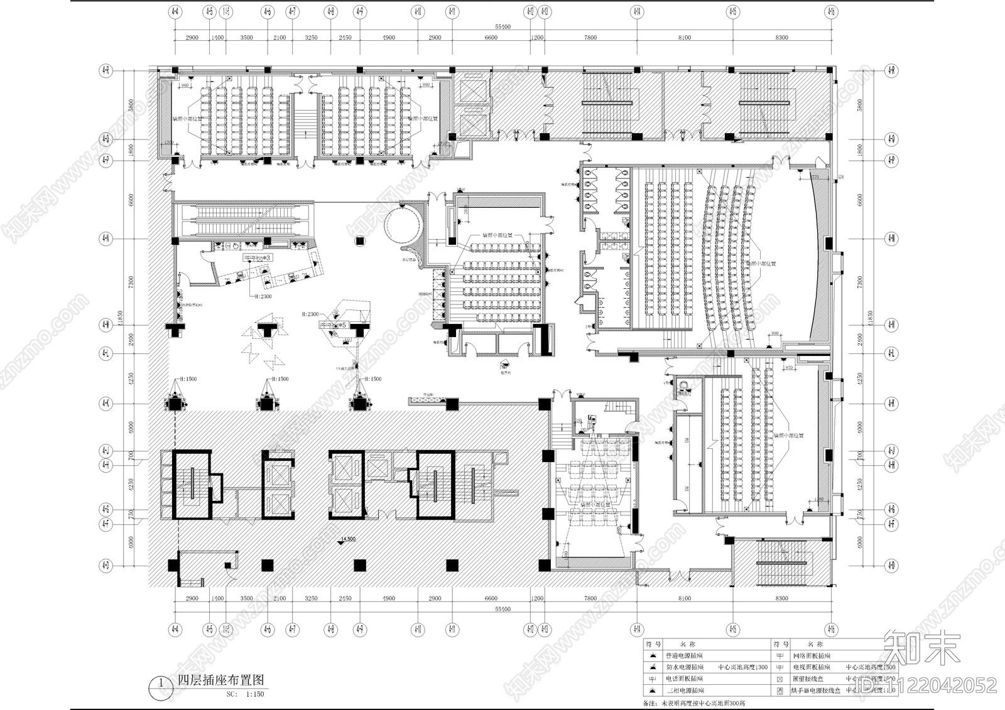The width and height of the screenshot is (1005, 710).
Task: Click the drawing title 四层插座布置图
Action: click(x=220, y=680)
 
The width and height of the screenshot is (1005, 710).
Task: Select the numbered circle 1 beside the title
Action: click(x=161, y=683)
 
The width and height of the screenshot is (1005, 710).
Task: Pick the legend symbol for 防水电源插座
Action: click(x=653, y=667)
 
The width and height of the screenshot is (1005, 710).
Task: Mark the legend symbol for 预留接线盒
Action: click(x=780, y=679)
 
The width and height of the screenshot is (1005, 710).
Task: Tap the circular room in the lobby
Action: click(x=401, y=223)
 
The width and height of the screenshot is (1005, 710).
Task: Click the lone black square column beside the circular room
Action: click(x=360, y=239)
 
